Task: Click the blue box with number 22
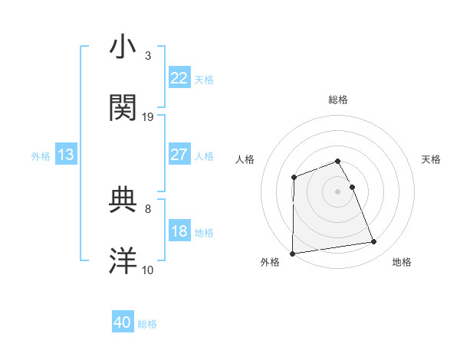(179, 77)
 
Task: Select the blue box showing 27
(179, 154)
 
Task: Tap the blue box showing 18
(179, 231)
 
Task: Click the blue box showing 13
(65, 155)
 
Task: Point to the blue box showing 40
(123, 322)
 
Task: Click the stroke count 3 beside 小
(148, 56)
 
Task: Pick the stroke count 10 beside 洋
(148, 270)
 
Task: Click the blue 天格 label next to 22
(204, 79)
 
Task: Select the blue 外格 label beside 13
(41, 156)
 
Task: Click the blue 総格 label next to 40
(148, 324)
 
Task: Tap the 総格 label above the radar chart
(338, 100)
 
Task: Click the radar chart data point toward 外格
(292, 254)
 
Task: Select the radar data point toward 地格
(374, 242)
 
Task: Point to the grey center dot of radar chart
(338, 191)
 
